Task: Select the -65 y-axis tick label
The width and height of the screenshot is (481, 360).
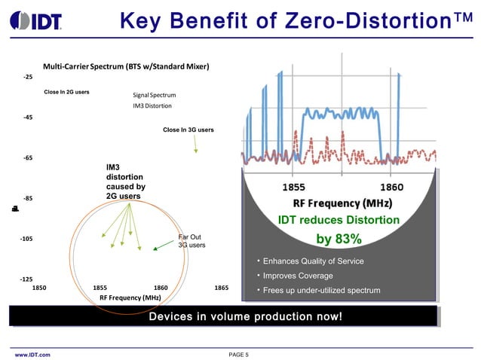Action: (27, 158)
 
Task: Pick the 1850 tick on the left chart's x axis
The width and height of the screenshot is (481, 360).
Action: (39, 288)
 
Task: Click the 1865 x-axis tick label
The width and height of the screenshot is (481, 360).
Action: (222, 288)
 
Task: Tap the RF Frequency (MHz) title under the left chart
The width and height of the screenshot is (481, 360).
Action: (130, 298)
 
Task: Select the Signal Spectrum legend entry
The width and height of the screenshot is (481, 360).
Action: (154, 96)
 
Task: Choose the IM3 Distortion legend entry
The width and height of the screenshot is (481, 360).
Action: (152, 106)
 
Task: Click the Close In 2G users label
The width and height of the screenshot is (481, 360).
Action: (66, 92)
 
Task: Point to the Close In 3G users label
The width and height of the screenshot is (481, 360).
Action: (188, 130)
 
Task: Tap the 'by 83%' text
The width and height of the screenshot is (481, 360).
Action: (339, 239)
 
